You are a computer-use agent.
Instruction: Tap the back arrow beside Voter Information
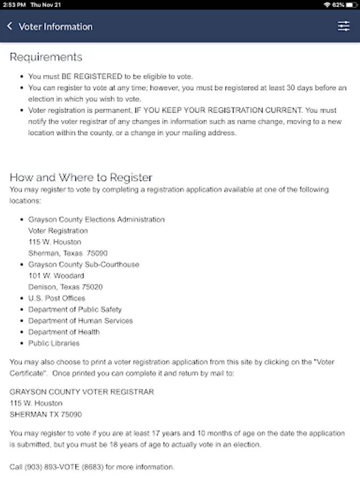coord(10,26)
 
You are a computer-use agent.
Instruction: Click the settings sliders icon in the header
coord(344,26)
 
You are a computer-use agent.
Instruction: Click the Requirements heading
coord(46,57)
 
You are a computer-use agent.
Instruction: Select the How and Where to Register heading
coord(81,178)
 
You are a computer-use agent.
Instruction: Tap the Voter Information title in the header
coord(55,27)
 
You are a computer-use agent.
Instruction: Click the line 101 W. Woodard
coord(56,276)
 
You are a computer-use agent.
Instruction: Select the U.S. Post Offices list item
coord(57,298)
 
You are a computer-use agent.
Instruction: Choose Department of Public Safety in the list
coord(75,309)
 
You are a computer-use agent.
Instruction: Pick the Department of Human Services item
coord(80,321)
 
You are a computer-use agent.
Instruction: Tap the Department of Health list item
coord(63,332)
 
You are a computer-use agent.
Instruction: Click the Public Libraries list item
coord(54,343)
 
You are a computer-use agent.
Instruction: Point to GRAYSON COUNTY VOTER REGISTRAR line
coord(82,391)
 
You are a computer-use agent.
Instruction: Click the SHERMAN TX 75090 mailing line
coord(46,414)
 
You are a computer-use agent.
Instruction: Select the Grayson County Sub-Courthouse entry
coord(83,265)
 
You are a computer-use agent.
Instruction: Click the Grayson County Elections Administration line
coord(96,219)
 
